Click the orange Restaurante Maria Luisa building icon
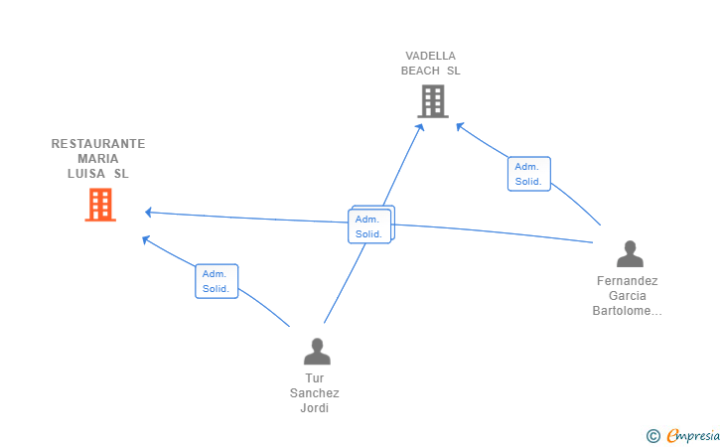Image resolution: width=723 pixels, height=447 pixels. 100,205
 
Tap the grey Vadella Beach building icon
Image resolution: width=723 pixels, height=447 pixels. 433,101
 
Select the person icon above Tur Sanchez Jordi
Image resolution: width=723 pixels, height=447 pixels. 317,351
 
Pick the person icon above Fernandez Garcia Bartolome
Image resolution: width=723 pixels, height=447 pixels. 630,253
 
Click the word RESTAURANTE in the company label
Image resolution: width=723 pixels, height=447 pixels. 98,144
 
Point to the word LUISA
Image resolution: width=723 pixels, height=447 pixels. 86,174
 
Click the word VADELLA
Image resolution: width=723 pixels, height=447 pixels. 431,56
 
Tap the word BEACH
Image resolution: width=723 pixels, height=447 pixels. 420,71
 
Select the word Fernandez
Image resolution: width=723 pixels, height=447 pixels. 627,281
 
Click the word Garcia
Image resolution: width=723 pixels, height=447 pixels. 627,296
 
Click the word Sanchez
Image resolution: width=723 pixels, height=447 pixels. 315,393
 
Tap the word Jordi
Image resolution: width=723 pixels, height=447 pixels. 315,408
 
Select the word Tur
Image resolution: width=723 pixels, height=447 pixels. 315,378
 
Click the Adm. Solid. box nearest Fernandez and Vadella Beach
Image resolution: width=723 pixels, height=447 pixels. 529,174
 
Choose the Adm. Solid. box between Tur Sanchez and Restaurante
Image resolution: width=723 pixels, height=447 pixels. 217,281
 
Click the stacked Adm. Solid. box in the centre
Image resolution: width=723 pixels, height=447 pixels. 369,226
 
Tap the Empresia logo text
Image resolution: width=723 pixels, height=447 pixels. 693,435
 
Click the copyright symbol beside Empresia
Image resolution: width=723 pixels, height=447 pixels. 653,436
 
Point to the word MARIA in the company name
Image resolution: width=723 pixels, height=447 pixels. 98,159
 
